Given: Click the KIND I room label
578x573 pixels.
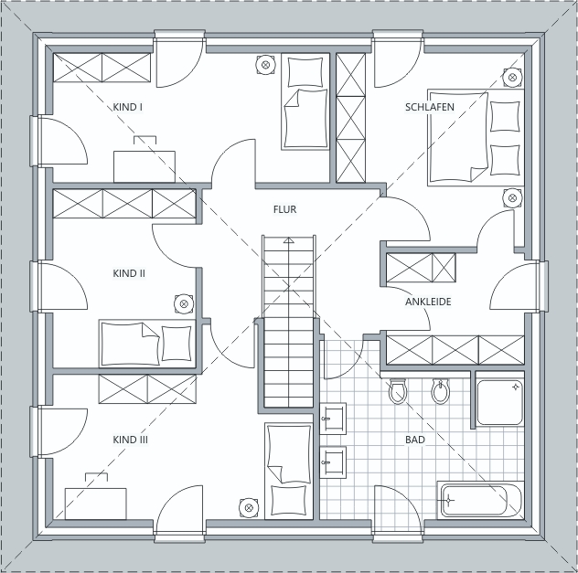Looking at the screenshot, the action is (x=127, y=107).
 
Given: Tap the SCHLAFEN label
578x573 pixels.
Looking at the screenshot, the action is (x=430, y=107).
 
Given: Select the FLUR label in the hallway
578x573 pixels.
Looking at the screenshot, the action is (x=284, y=209).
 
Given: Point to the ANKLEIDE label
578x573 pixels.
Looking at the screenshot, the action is (x=428, y=302).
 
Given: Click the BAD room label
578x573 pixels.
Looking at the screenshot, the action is (x=415, y=440).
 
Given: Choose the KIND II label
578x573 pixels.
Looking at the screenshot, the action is (x=129, y=273).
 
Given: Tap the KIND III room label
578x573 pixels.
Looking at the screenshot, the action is (x=130, y=440).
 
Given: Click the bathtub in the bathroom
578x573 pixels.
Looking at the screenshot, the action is (x=481, y=501).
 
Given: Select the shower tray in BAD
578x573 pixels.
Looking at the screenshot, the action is (x=500, y=403).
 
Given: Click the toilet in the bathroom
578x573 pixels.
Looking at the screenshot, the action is (x=398, y=391).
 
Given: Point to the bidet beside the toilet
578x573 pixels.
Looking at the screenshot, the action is (x=440, y=391).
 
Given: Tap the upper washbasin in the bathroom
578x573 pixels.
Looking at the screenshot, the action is (x=333, y=419).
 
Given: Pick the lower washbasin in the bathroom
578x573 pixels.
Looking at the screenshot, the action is (x=333, y=462).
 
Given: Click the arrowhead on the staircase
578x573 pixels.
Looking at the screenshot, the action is (x=289, y=240).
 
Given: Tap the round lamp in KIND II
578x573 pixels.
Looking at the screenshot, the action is (x=184, y=304).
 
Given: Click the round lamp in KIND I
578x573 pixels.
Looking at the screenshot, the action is (x=265, y=65).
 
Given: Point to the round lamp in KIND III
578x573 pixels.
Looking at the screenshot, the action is (x=249, y=508).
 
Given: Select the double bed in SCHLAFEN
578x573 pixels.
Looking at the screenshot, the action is (x=476, y=137).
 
